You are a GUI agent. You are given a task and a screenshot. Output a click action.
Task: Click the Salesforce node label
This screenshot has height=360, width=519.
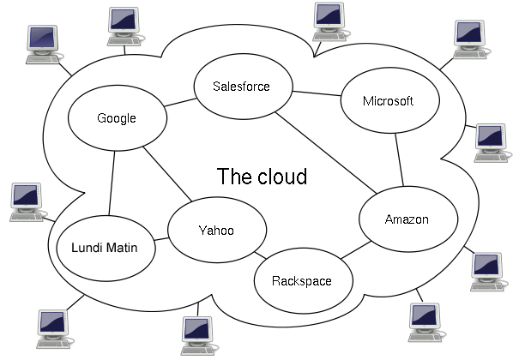pos(241,87)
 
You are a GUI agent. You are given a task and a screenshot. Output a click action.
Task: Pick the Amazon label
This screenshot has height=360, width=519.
pos(407,219)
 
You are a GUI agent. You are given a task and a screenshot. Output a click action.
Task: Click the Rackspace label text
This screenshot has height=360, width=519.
pos(302,281)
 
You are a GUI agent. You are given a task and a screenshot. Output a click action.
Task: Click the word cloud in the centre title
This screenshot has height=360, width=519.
pos(282,177)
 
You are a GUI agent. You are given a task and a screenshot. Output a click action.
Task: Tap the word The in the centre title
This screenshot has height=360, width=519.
pos(235,177)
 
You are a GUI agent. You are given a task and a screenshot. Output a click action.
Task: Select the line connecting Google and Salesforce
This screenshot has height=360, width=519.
pos(180,103)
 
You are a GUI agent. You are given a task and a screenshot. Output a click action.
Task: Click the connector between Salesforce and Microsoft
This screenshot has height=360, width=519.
pos(317,93)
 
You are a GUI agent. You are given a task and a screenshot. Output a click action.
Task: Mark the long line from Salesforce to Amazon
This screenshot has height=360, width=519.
pos(326,153)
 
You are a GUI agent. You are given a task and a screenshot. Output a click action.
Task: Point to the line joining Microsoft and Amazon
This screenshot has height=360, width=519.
pos(399,159)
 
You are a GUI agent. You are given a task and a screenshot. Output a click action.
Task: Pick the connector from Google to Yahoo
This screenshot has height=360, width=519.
pos(167,174)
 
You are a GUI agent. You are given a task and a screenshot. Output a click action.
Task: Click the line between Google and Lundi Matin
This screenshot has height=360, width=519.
pos(112,183)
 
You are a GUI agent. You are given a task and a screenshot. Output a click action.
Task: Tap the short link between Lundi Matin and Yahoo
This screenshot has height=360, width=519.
pos(161,239)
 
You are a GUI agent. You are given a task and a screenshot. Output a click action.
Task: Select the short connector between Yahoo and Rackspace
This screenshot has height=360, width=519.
pos(260,255)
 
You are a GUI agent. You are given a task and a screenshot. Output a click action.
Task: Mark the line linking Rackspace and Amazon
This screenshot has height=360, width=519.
pos(356,250)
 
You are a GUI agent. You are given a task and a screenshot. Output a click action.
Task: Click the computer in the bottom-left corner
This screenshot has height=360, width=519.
pos(54,329)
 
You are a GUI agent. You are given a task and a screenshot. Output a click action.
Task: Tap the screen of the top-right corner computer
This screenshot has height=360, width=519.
pos(468,33)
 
